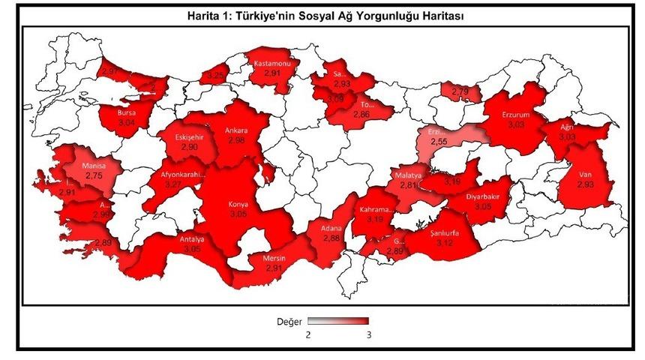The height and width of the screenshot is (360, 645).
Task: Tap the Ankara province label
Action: pyautogui.click(x=237, y=129)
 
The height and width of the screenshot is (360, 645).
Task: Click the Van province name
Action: pyautogui.click(x=586, y=174)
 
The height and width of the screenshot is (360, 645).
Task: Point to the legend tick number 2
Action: pyautogui.click(x=307, y=335)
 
